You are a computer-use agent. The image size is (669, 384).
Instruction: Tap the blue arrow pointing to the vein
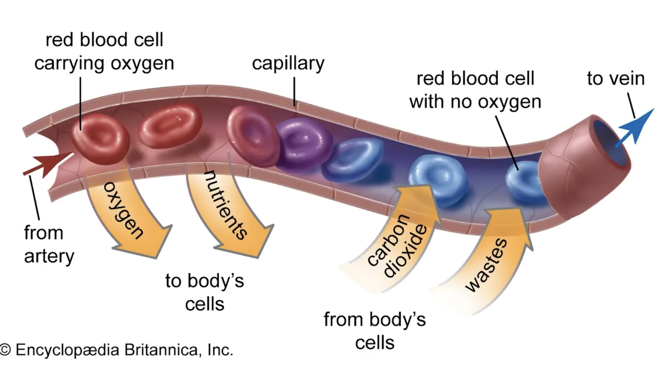[x=635, y=127]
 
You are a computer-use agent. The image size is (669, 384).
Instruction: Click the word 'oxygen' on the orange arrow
[x=123, y=210]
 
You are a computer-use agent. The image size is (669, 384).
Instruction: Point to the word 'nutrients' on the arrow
[x=226, y=205]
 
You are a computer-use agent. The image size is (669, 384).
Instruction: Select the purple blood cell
[x=300, y=143]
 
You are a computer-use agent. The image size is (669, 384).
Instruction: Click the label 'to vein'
[x=616, y=78]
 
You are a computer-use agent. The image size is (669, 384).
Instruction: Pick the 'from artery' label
[x=49, y=245]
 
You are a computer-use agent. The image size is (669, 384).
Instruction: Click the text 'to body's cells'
[x=205, y=292]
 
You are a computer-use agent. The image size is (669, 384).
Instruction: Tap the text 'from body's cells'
[x=375, y=331]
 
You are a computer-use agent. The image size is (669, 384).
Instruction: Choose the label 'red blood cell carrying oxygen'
[x=104, y=52]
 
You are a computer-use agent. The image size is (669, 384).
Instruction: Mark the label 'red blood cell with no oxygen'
[x=475, y=90]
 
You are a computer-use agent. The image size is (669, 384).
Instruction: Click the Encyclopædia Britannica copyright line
[x=117, y=350]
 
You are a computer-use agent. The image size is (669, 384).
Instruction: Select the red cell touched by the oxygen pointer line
[x=99, y=139]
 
